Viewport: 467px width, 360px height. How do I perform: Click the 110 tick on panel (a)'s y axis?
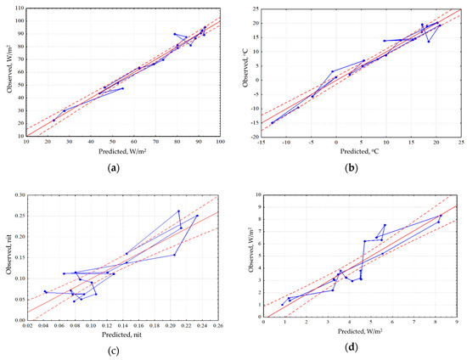[x=18, y=8]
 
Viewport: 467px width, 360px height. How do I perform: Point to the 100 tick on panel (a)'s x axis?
[x=220, y=142]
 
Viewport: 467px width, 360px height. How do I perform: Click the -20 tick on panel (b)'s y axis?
[x=252, y=136]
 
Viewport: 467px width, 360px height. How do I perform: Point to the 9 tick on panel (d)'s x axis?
[x=457, y=325]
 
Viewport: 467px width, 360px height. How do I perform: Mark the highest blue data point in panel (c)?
[x=178, y=211]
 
